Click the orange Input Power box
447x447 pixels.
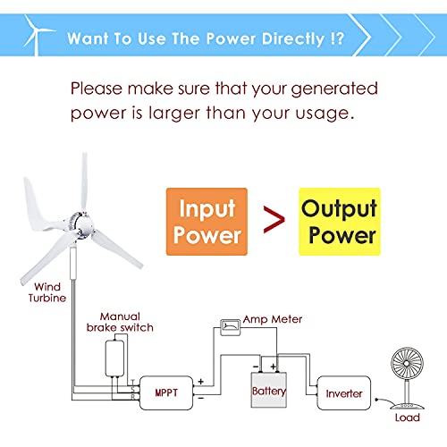pos(207,222)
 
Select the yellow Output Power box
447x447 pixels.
pos(340,222)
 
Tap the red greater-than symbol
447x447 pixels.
pos(274,220)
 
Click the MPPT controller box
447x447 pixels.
pos(166,392)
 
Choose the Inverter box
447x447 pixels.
pos(344,393)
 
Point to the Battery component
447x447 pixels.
pos(269,390)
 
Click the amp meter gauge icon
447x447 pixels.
pos(230,327)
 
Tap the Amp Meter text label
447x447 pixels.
pos(273,319)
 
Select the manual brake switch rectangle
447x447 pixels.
pos(114,358)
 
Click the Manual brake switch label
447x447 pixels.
pos(120,322)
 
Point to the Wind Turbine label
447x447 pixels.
pos(47,292)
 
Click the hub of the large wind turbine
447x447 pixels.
pos(80,224)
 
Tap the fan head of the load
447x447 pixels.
pos(407,364)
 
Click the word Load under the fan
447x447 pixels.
pos(408,417)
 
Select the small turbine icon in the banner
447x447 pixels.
pos(38,35)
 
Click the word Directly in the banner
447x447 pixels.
pos(293,38)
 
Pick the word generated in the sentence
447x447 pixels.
pos(334,89)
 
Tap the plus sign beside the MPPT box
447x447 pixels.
pos(201,382)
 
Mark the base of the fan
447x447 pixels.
pos(407,406)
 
